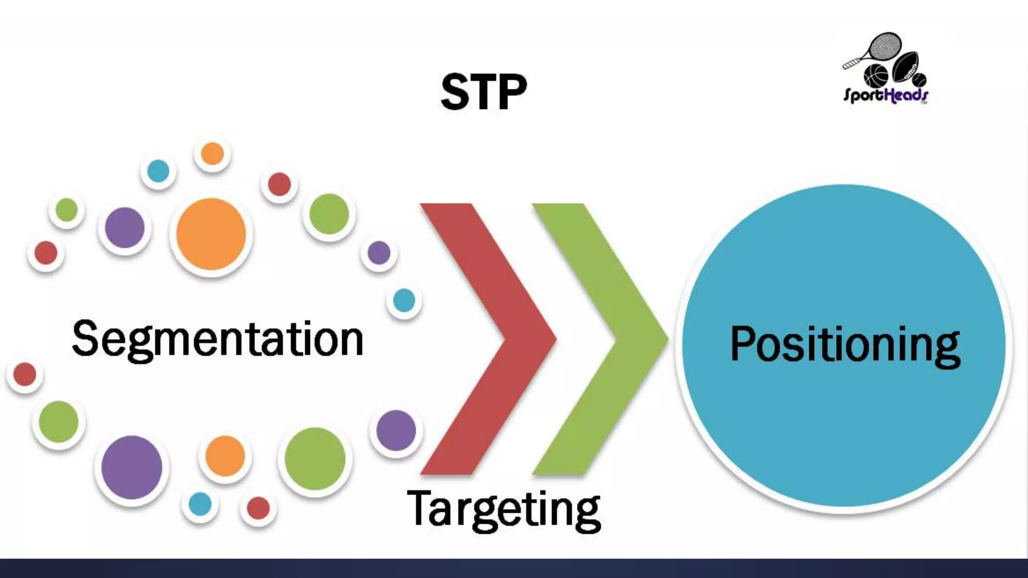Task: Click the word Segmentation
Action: click(x=217, y=340)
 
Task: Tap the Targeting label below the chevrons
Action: click(x=503, y=509)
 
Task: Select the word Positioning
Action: click(x=845, y=344)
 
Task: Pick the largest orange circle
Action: click(x=211, y=234)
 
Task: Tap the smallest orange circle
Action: click(x=212, y=154)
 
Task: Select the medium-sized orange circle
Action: click(x=225, y=456)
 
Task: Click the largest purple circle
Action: click(x=132, y=467)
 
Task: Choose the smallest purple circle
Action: click(x=379, y=252)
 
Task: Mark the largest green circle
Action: click(x=315, y=458)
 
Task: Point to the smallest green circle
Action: click(x=66, y=210)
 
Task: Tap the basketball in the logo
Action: click(x=875, y=76)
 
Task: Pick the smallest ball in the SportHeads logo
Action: click(x=920, y=80)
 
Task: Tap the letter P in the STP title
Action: click(x=511, y=92)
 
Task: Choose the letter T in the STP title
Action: click(x=484, y=92)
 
